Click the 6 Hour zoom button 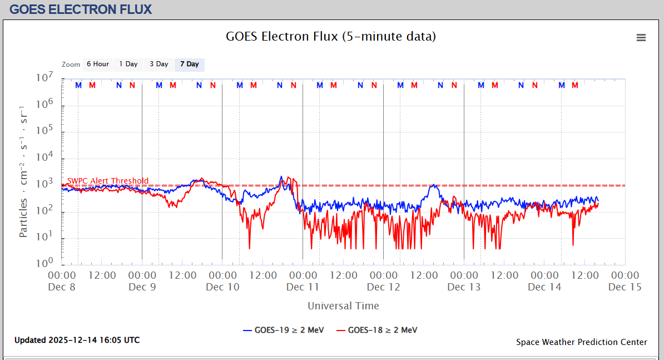(x=97, y=65)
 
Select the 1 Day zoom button (x=128, y=65)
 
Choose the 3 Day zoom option (x=158, y=65)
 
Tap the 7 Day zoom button (x=189, y=65)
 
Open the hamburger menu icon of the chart (x=641, y=38)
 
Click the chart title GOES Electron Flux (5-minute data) (x=330, y=37)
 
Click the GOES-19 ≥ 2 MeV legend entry (x=283, y=330)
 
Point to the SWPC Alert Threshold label (x=108, y=181)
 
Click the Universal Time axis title (x=343, y=306)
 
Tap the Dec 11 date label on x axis (x=303, y=287)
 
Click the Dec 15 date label (x=625, y=287)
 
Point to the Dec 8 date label (x=62, y=287)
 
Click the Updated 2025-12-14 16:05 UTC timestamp (x=77, y=340)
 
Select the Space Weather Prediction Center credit (x=581, y=342)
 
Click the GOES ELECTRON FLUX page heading (x=81, y=9)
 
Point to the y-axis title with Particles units (x=23, y=171)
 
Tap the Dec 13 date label (x=464, y=287)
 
